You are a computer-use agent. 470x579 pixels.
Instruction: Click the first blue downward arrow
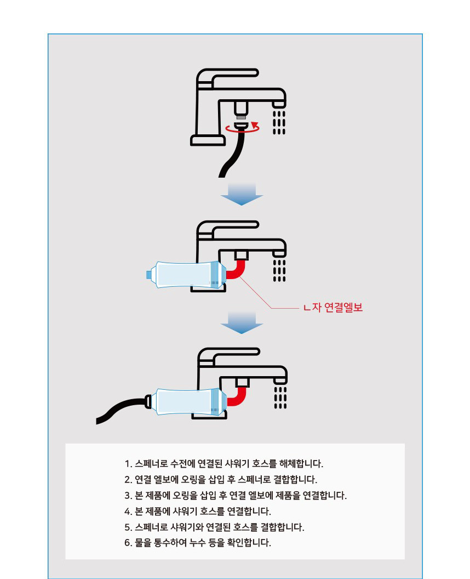tap(242, 194)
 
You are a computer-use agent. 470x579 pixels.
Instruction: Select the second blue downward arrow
tap(242, 322)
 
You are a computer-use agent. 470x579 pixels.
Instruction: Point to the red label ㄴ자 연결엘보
tap(334, 307)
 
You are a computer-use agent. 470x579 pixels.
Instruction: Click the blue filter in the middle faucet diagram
tap(186, 274)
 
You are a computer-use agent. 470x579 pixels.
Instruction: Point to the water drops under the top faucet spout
tap(279, 122)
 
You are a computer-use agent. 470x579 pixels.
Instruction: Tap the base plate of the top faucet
tap(208, 140)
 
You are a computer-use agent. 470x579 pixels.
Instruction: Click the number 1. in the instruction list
tap(128, 464)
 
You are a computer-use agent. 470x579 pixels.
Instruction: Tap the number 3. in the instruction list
tap(128, 496)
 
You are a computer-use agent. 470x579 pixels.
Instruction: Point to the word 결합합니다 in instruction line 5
tap(282, 527)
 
